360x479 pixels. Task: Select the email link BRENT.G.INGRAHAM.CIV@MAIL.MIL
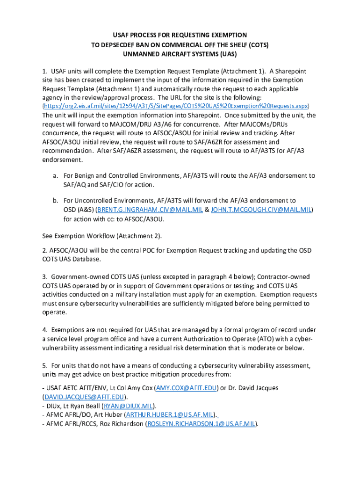(149, 210)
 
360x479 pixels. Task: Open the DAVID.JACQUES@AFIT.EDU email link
(79, 397)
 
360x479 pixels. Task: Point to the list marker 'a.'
(55, 176)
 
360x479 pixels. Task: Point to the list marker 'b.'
(55, 201)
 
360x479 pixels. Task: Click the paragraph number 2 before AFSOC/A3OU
(44, 250)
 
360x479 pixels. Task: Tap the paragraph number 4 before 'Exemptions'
(44, 330)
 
